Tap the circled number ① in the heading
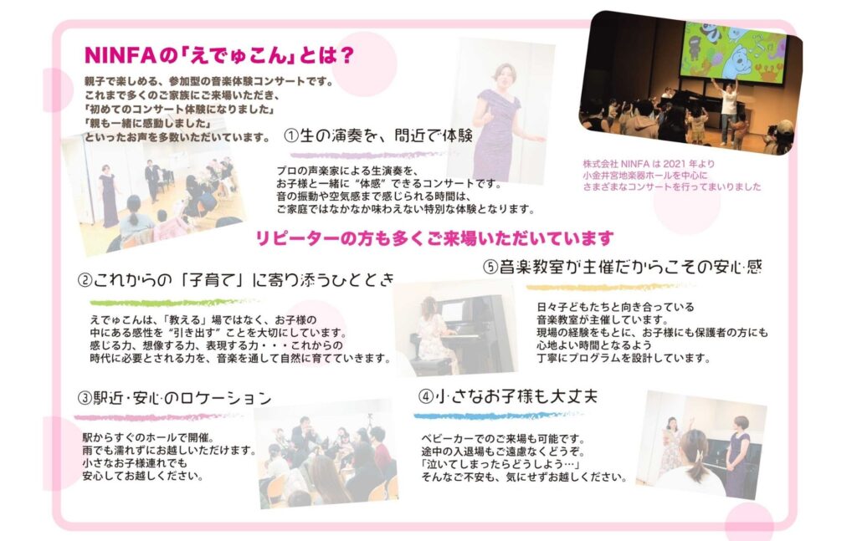tap(291, 135)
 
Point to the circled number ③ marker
tap(85, 398)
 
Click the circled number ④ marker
tap(426, 396)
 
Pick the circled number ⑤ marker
tap(490, 267)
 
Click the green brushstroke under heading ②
tap(174, 302)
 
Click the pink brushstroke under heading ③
tap(157, 417)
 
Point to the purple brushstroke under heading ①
tap(367, 156)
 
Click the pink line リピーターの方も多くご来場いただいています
tap(434, 238)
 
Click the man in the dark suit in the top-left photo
tap(152, 180)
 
